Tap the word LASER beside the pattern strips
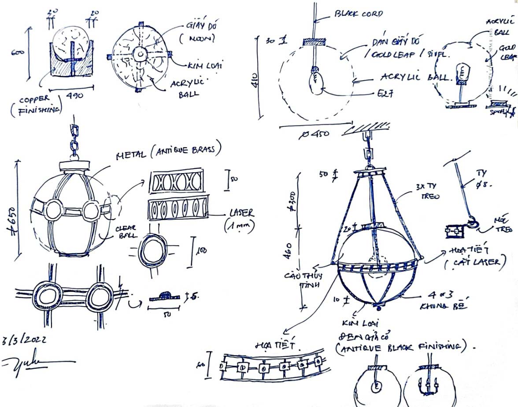click(x=242, y=213)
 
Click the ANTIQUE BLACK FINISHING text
click(x=399, y=348)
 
